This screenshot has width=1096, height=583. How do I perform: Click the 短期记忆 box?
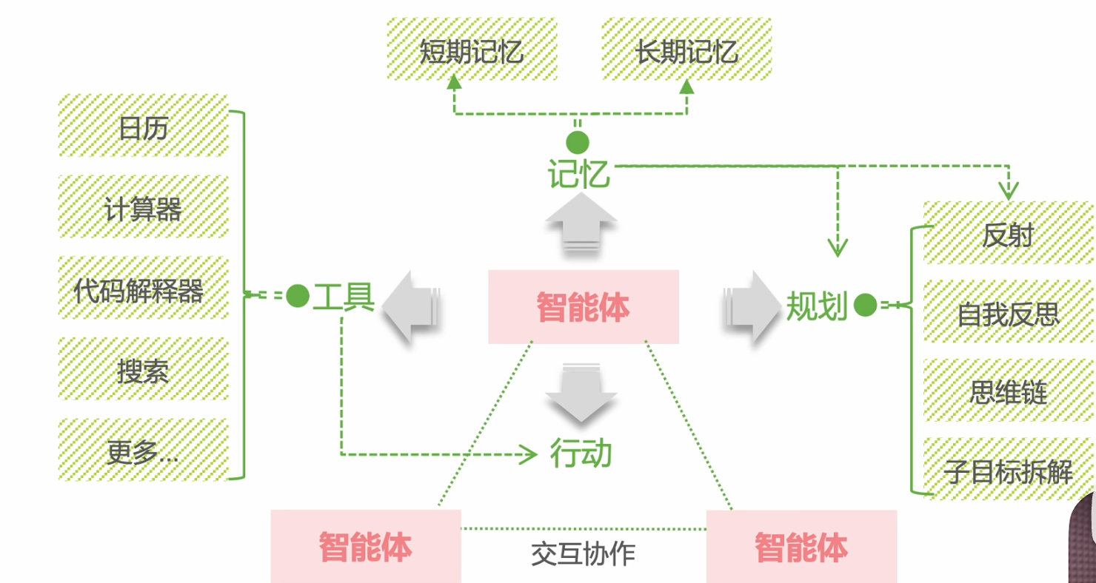tap(471, 49)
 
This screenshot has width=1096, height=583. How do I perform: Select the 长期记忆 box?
tap(686, 49)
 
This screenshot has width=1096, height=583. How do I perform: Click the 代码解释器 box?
tap(143, 289)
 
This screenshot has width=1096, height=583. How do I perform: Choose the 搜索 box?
tap(143, 369)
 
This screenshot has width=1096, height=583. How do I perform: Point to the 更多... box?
tap(143, 450)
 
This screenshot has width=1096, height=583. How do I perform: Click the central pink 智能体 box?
tap(583, 307)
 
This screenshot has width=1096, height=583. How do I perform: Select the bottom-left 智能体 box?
tap(365, 547)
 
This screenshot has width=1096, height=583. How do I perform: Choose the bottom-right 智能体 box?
tap(801, 547)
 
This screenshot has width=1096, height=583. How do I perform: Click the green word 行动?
tap(581, 453)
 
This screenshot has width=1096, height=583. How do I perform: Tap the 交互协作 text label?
tap(583, 553)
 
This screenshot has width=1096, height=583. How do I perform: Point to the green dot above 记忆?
tap(578, 142)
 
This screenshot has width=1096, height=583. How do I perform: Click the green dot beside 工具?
tap(297, 296)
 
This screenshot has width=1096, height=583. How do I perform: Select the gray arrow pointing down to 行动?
tap(581, 393)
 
